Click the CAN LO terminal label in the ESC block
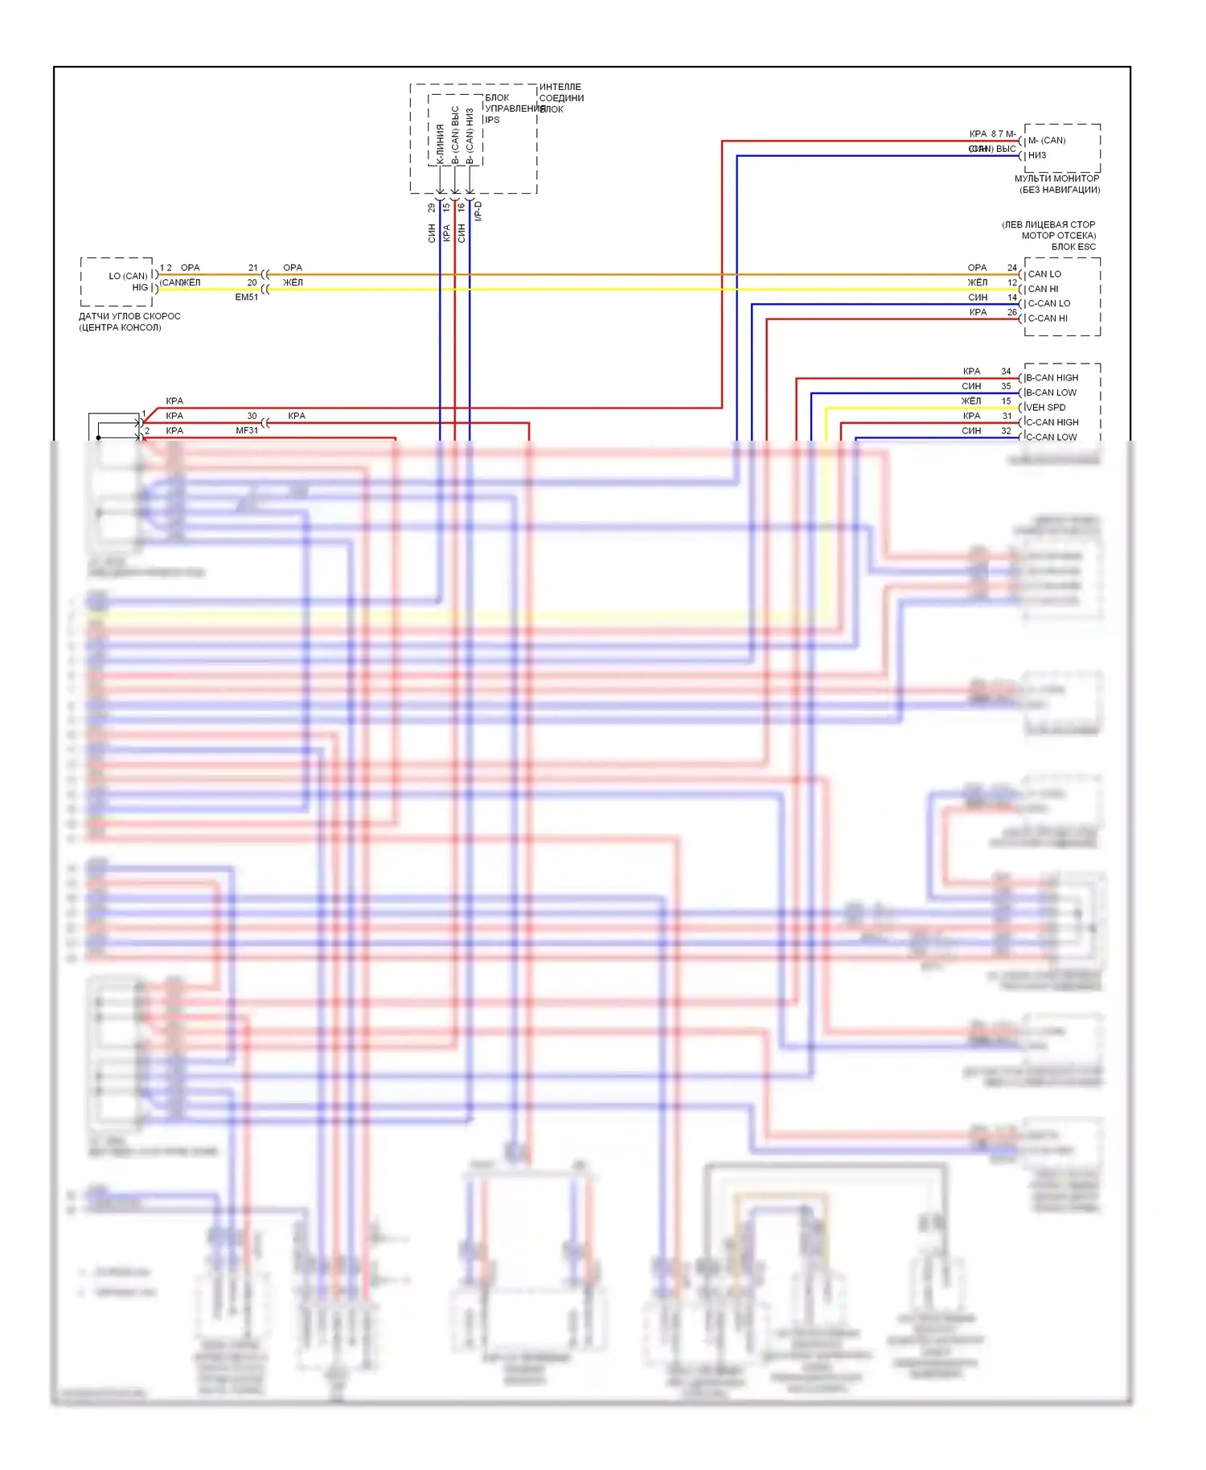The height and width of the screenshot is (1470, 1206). (x=1044, y=274)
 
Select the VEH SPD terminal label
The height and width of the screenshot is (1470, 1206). (x=1045, y=408)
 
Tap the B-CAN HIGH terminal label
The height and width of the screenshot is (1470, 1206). (x=1052, y=378)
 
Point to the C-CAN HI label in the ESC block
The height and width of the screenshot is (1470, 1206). (x=1048, y=318)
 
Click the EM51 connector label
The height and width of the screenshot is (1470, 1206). (x=247, y=298)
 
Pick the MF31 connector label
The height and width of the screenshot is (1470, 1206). (x=247, y=431)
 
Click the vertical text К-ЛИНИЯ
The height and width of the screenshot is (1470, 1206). (x=440, y=144)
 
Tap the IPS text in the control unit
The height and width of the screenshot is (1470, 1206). (x=492, y=120)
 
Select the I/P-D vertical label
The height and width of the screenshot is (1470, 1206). (x=478, y=211)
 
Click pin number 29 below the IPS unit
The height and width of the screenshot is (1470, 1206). (x=432, y=207)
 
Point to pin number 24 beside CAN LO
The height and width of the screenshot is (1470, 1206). (x=1012, y=268)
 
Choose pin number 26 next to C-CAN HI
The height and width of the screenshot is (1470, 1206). (x=1012, y=312)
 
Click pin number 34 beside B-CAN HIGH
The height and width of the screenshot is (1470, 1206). (x=1006, y=372)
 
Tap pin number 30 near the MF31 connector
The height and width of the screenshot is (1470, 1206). (x=252, y=416)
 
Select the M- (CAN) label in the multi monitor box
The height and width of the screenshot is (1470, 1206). (x=1047, y=141)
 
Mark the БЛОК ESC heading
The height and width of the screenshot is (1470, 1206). (x=1073, y=247)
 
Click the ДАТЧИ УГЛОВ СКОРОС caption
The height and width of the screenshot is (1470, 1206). (x=129, y=317)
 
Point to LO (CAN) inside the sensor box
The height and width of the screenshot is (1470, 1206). (x=129, y=276)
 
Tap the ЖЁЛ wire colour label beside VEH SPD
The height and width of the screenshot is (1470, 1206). (x=971, y=401)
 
